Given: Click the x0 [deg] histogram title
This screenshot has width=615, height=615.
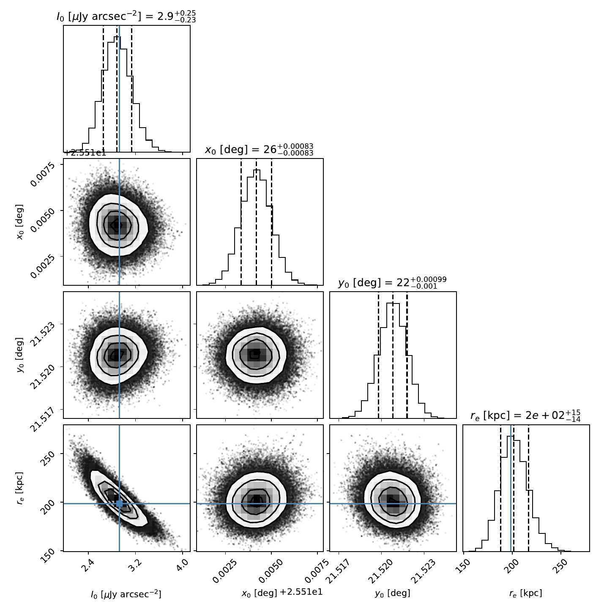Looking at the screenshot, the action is [x=259, y=150].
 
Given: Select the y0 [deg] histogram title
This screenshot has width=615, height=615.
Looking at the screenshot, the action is [x=392, y=283].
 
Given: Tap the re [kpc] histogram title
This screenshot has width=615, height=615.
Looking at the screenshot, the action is [x=526, y=416].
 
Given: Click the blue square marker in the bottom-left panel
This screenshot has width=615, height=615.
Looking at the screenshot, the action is [x=119, y=503].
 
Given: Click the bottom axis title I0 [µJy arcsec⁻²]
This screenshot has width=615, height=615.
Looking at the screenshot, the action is [x=126, y=593].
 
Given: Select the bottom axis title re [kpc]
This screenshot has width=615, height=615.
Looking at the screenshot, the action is [x=526, y=593].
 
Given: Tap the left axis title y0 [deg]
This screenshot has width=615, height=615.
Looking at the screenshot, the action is [x=20, y=355].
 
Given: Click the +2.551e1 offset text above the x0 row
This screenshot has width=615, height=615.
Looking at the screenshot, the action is [x=85, y=153].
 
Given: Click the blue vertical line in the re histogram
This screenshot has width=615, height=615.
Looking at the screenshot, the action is [x=511, y=488].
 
